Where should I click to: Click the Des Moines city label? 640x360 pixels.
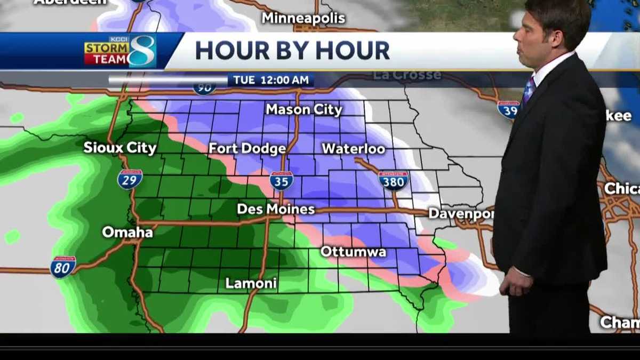pyautogui.click(x=276, y=209)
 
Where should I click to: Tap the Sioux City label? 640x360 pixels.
pyautogui.click(x=120, y=148)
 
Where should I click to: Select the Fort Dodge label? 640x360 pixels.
pyautogui.click(x=247, y=148)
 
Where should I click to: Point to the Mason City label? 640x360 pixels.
pyautogui.click(x=304, y=110)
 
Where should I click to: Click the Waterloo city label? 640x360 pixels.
pyautogui.click(x=353, y=148)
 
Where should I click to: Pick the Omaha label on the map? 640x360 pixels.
pyautogui.click(x=127, y=232)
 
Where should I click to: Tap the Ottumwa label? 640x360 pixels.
pyautogui.click(x=353, y=251)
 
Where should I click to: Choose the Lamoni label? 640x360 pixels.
pyautogui.click(x=251, y=283)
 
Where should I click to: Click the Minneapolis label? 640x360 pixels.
pyautogui.click(x=303, y=18)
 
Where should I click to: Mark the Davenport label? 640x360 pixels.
pyautogui.click(x=461, y=213)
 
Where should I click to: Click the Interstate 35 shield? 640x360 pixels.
pyautogui.click(x=282, y=181)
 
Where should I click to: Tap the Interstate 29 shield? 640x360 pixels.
pyautogui.click(x=130, y=179)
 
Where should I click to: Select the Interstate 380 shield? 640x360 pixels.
pyautogui.click(x=394, y=181)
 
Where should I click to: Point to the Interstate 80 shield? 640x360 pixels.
pyautogui.click(x=63, y=267)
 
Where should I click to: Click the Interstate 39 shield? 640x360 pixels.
pyautogui.click(x=508, y=109)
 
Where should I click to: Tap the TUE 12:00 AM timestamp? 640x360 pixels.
pyautogui.click(x=270, y=80)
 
